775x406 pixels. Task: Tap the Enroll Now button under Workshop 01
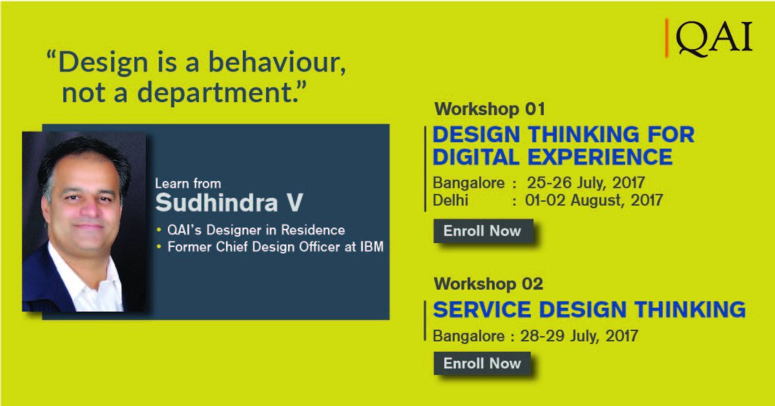coord(482,231)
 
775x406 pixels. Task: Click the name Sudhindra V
coord(229,202)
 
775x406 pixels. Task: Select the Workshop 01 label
coord(490,108)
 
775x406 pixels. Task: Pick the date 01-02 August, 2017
coord(594,200)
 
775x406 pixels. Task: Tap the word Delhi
coord(451,200)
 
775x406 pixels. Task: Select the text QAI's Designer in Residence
coord(256,230)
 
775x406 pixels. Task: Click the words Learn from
coord(188,184)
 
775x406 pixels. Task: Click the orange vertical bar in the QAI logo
coord(666,38)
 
